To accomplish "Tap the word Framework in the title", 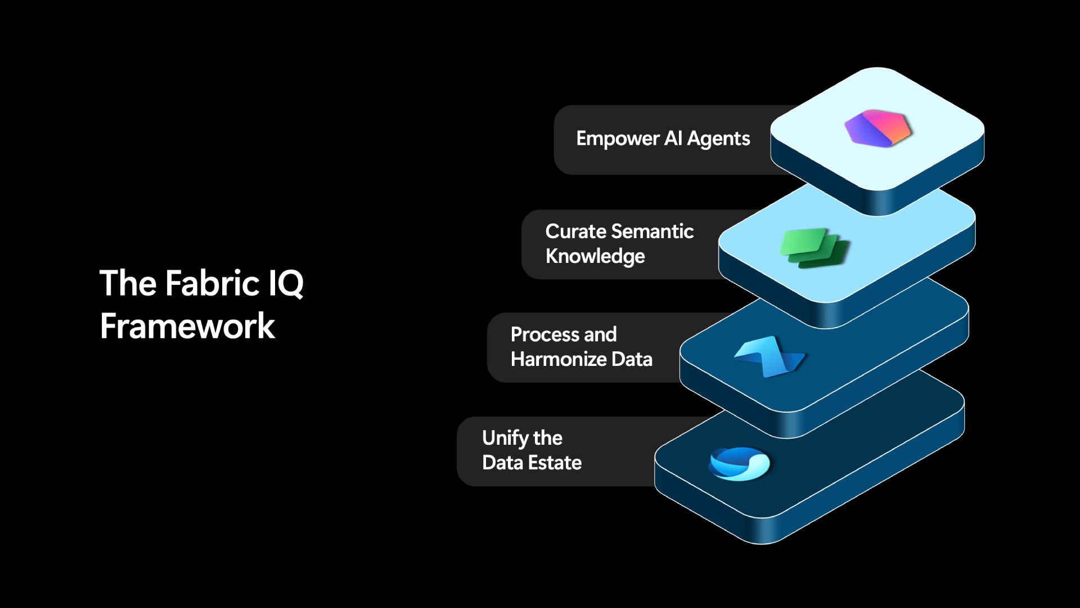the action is click(x=187, y=326).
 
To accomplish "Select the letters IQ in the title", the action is click(x=286, y=284).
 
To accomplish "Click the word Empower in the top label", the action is click(x=618, y=139).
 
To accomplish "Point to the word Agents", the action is click(x=718, y=139).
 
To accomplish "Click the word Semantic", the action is click(x=652, y=231).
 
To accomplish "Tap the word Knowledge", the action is click(x=595, y=257).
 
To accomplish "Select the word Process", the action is click(x=545, y=334).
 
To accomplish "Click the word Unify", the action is click(x=505, y=439).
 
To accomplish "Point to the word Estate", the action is click(x=556, y=463).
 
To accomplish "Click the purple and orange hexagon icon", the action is click(x=877, y=128).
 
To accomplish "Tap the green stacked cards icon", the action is click(x=815, y=248).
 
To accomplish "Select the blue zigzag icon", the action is click(x=770, y=356).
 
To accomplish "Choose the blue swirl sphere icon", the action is click(x=739, y=464).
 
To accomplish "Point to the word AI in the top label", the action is click(x=673, y=138).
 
